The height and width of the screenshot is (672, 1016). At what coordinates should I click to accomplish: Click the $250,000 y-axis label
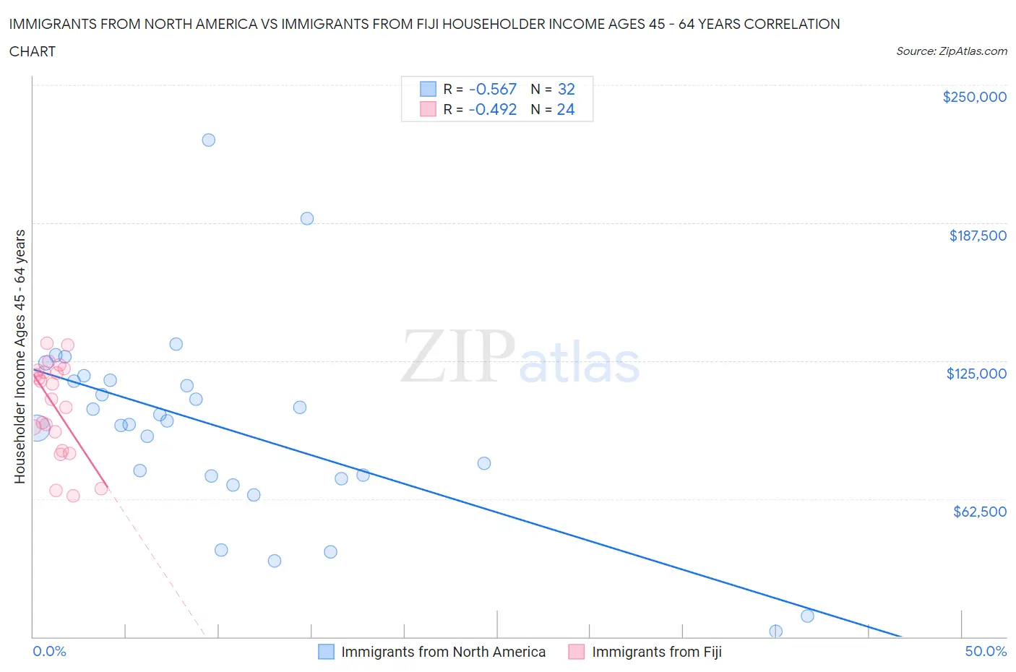point(974,98)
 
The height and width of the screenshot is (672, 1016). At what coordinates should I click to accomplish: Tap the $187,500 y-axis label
point(977,236)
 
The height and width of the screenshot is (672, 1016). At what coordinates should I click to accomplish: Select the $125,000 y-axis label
point(976,374)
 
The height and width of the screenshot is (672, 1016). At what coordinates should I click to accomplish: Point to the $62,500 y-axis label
point(979,512)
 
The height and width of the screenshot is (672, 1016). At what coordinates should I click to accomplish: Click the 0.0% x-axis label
point(49,652)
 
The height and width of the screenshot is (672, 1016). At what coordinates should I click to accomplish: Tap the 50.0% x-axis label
point(986,652)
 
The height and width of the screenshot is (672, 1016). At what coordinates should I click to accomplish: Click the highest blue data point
point(209,140)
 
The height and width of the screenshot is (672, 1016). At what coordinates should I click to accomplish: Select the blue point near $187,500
point(307,219)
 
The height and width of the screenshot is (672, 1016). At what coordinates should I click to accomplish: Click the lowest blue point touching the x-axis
point(776,632)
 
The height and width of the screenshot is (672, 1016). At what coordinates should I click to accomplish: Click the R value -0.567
point(493,90)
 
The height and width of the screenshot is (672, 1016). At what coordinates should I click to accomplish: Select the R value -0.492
point(493,110)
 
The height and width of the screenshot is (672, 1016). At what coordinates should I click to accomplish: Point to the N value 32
point(567,90)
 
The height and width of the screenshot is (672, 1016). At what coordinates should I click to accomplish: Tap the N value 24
point(566,110)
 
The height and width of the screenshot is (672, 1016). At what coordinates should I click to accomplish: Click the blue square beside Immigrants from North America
point(327,652)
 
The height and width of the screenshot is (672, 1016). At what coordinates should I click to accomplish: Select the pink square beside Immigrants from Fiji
point(577,652)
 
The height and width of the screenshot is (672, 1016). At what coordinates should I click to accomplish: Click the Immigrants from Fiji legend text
point(656,652)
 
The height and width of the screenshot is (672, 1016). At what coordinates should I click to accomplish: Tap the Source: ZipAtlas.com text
point(951,51)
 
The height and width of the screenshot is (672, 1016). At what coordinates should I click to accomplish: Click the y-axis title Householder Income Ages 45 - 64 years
point(20,356)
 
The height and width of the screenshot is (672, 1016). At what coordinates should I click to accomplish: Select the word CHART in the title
point(33,51)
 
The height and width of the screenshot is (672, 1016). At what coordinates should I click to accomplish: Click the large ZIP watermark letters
point(458,356)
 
